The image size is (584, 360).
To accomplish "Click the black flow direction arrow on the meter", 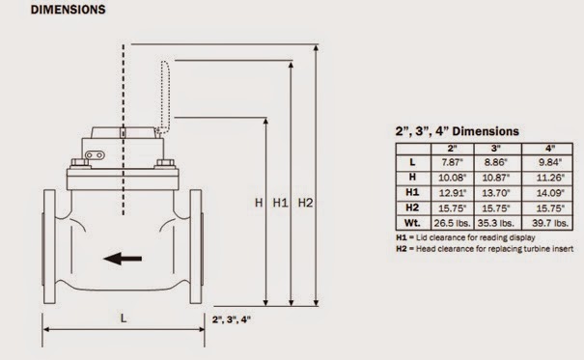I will (x=123, y=259).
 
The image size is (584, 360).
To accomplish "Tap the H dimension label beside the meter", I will (x=258, y=204).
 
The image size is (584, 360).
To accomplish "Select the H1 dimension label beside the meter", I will (x=280, y=204).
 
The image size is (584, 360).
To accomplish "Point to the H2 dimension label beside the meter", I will (x=305, y=204).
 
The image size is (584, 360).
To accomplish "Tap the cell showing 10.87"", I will (x=494, y=179).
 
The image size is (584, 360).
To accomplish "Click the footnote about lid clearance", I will (x=462, y=236).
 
